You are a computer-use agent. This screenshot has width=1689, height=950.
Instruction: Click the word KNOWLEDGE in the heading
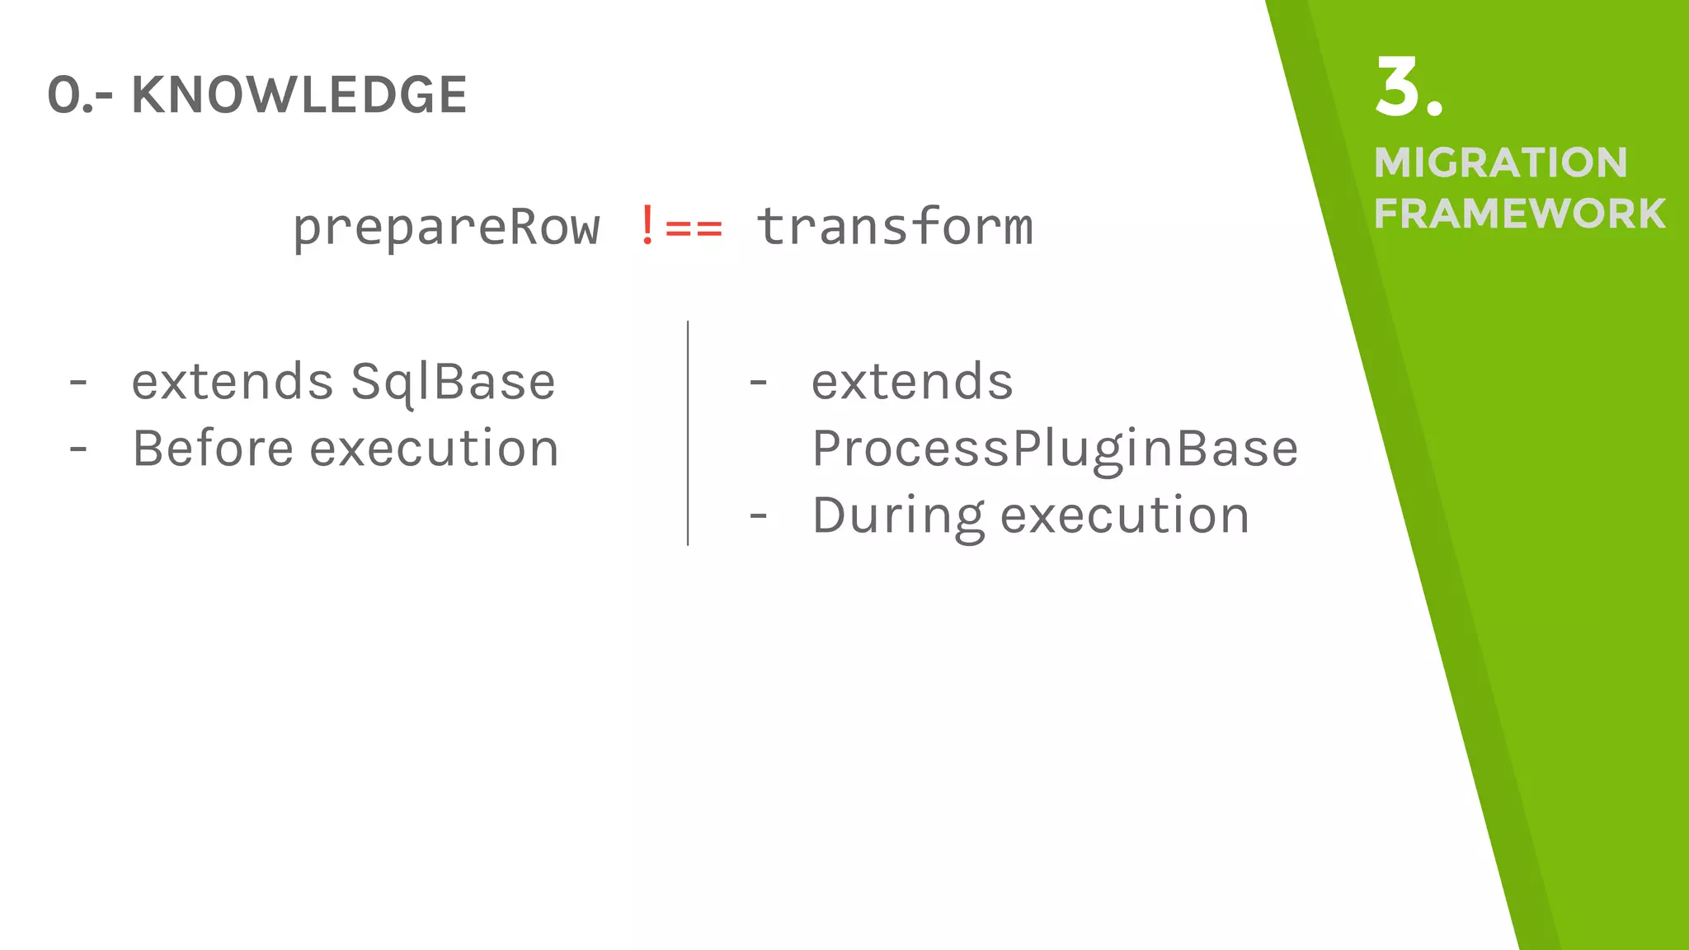[x=299, y=95]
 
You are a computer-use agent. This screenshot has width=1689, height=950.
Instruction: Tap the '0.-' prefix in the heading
[x=80, y=96]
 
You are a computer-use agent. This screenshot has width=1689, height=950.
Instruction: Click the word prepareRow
[x=446, y=228]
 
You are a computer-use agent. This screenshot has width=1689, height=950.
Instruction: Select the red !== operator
[x=681, y=227]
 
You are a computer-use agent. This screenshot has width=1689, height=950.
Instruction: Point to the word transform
[x=894, y=227]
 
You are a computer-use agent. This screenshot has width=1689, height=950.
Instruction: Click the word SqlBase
[x=453, y=383]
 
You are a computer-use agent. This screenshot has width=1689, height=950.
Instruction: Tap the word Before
[x=213, y=449]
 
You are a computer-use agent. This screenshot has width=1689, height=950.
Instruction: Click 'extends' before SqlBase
[x=233, y=382]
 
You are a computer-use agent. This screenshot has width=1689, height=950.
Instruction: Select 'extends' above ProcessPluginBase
[x=912, y=382]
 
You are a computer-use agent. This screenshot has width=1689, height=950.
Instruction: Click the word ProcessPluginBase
[x=1055, y=449]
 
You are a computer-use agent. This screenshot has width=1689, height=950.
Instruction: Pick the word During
[x=898, y=516]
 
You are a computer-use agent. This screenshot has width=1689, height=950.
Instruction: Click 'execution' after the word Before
[x=434, y=449]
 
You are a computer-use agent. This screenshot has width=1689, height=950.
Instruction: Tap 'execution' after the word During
[x=1125, y=516]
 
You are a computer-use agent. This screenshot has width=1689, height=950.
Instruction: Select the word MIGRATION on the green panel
[x=1500, y=162]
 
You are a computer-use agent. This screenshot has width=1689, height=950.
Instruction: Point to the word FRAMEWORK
[x=1519, y=214]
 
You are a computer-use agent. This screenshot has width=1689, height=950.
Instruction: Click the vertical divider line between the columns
[x=688, y=433]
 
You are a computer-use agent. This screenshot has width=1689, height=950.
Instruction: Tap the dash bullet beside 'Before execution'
[x=78, y=450]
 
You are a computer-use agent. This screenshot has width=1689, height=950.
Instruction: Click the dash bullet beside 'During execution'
[x=758, y=517]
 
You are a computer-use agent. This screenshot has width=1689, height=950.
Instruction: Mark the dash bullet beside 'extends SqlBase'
[x=78, y=383]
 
